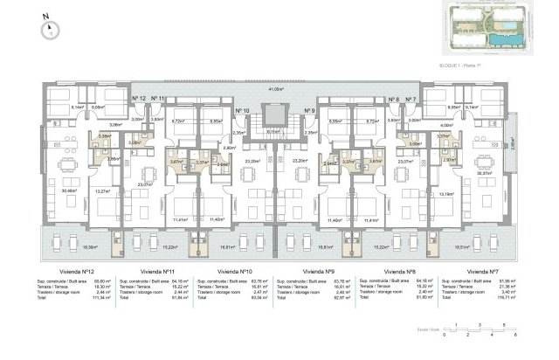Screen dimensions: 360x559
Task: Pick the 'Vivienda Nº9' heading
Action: [322, 272]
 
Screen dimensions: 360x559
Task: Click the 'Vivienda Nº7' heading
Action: [493, 272]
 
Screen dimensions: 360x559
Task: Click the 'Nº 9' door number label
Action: [309, 111]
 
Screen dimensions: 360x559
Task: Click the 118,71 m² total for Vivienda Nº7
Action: [507, 298]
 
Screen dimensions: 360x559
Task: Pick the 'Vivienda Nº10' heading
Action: [236, 272]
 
